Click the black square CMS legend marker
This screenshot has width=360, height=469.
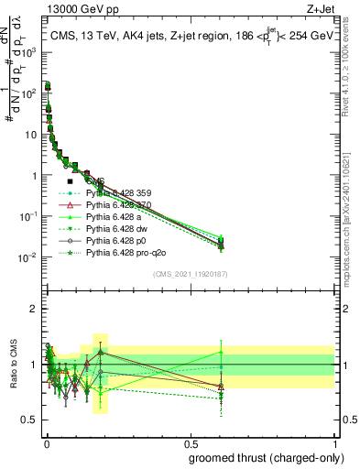point(71,181)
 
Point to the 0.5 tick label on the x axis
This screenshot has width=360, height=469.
point(190,443)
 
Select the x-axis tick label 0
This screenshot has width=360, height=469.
point(45,443)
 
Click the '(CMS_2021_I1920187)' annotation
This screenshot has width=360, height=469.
point(190,272)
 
